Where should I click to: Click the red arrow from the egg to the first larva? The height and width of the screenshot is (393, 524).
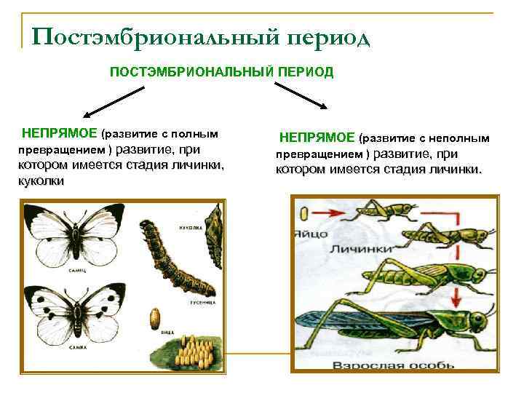tap(327, 214)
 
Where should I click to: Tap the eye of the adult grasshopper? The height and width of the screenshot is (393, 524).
tap(477, 319)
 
